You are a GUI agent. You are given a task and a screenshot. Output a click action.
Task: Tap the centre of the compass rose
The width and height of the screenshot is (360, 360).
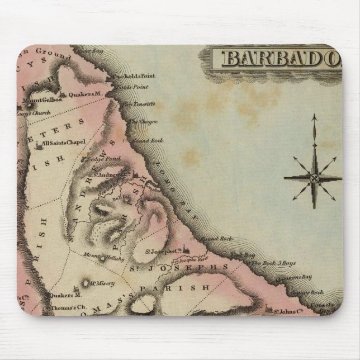314,178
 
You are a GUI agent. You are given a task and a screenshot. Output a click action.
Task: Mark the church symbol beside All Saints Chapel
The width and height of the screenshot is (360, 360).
39,145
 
